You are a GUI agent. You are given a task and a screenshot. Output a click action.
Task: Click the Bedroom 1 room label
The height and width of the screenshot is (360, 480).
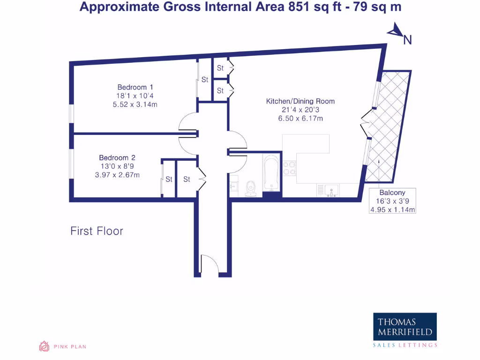pos(135,87)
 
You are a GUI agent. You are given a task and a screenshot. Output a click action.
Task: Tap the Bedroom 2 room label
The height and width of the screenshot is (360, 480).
pos(117,158)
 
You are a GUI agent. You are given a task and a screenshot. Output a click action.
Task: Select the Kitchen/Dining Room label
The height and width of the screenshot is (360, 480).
pos(300,101)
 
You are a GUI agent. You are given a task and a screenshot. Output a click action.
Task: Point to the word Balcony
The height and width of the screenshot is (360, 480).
pos(392,193)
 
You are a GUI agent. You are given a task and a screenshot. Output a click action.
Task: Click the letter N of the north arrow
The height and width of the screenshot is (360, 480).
pos(407,40)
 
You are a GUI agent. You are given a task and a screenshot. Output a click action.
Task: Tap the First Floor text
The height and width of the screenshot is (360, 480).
pos(97,231)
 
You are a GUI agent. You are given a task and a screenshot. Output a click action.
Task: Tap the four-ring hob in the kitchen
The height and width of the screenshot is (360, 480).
pos(289,168)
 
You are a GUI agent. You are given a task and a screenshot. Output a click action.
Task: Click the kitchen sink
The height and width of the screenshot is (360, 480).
pos(331,190)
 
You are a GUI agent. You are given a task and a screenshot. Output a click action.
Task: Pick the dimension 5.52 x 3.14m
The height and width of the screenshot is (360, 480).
pos(135,105)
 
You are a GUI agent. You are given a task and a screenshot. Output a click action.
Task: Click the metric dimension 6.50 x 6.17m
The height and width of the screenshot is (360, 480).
pos(300,119)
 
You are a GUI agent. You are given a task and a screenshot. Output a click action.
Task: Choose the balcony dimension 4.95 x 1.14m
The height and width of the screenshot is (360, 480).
pos(392,210)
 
